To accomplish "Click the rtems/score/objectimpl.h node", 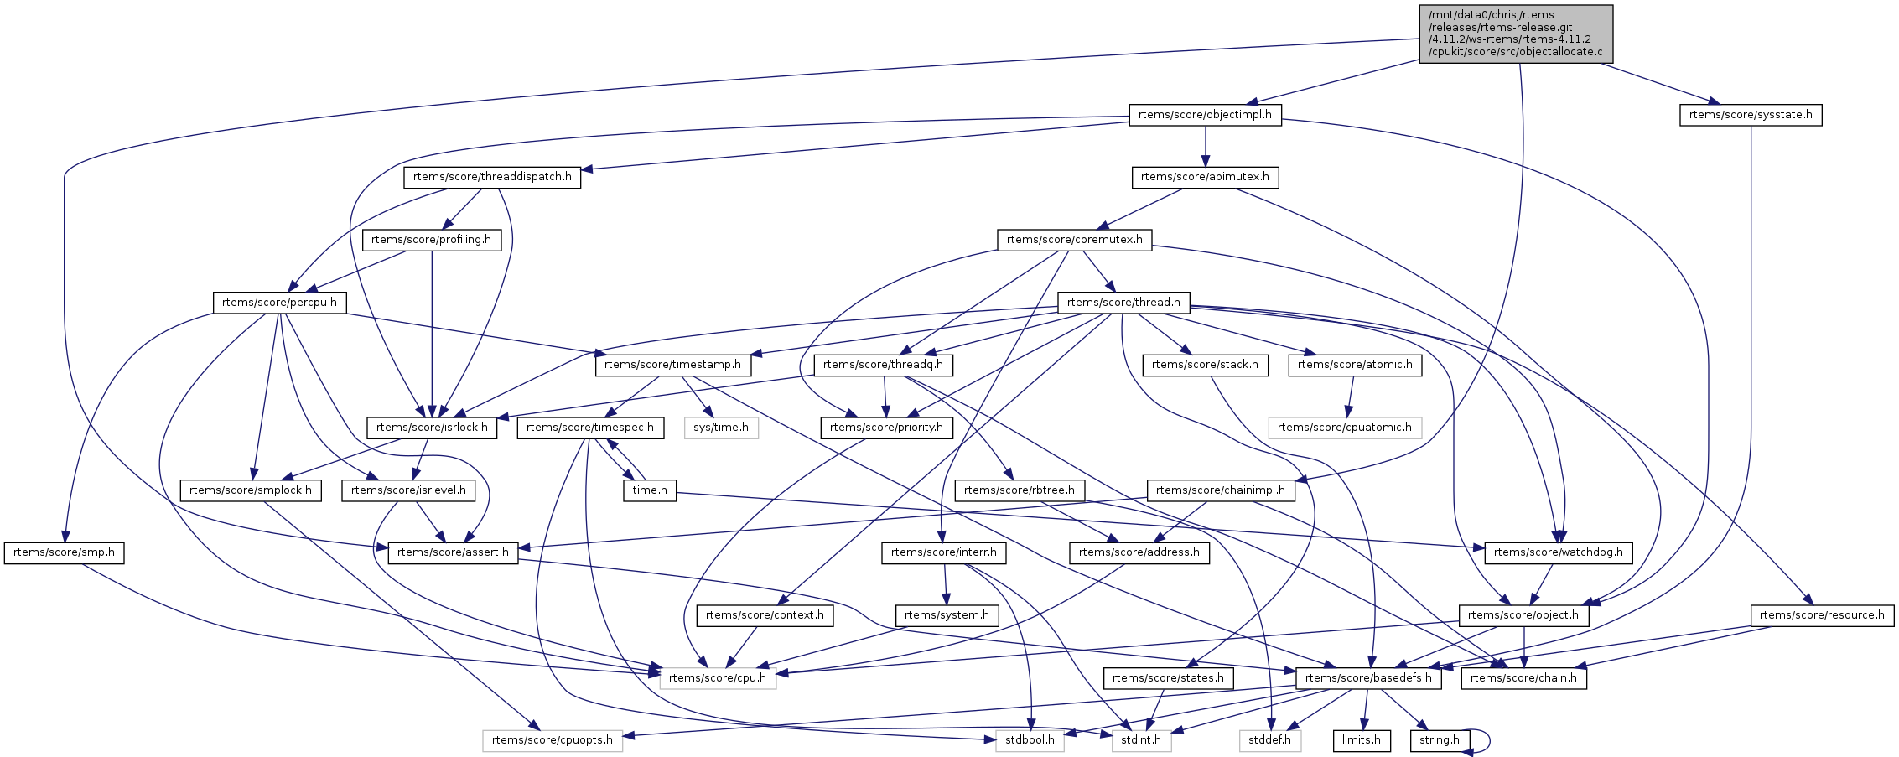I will click(x=1205, y=115).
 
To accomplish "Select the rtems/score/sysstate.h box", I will click(x=1751, y=115).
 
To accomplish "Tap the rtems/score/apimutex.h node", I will click(x=1205, y=177).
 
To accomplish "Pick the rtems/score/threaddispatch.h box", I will click(x=492, y=177).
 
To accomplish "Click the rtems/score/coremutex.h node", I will click(x=1074, y=240).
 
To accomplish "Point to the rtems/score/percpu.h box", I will click(x=279, y=303).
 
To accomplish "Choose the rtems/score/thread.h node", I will click(x=1123, y=303).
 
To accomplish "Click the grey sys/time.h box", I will click(x=721, y=428).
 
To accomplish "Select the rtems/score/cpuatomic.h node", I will click(x=1344, y=428).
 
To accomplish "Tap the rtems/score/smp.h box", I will click(x=64, y=552).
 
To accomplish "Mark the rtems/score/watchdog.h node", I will click(x=1558, y=552).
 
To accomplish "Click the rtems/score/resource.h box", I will click(x=1821, y=615).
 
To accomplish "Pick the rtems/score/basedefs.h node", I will click(x=1368, y=678).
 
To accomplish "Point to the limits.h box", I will click(x=1361, y=740).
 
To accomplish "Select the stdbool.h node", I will click(x=1030, y=740).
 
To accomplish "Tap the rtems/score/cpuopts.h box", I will click(x=552, y=740).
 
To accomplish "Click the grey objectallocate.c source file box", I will click(x=1514, y=34).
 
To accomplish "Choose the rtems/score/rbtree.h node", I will click(x=1019, y=490).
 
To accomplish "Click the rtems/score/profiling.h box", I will click(x=431, y=240).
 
